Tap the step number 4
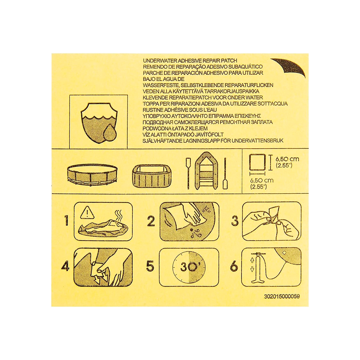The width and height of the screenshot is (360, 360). [65, 266]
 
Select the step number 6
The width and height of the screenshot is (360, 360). [234, 266]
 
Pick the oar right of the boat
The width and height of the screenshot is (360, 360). [225, 174]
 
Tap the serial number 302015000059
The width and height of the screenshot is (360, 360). [282, 296]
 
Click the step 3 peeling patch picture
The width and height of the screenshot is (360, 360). [271, 221]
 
